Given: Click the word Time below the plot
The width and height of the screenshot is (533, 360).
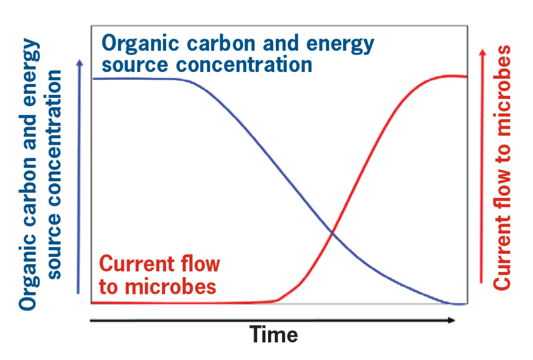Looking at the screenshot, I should pos(274,334).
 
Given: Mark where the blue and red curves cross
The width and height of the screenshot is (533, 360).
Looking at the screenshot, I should pos(332,232).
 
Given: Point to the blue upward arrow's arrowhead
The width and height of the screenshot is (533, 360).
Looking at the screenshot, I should pos(80,63).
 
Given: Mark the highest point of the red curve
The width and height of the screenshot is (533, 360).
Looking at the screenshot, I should pos(450,76).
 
